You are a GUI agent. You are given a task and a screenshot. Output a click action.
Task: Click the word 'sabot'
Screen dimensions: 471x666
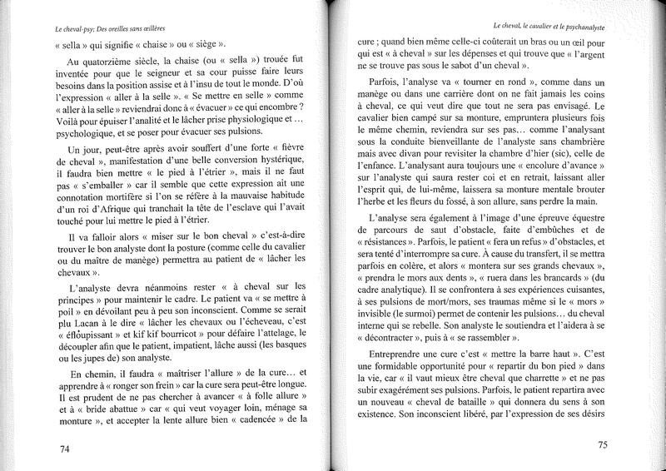484,67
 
